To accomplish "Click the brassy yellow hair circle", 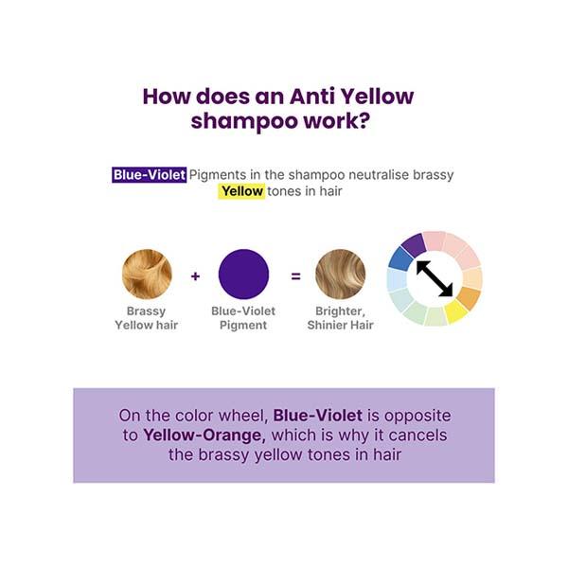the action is (147, 274).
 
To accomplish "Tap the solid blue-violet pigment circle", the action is (244, 274).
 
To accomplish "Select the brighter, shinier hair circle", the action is (341, 274).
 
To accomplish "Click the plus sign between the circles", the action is (195, 276).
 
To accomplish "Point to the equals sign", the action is (295, 276).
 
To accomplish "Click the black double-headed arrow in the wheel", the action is (435, 278).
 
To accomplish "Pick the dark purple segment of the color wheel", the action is (414, 245).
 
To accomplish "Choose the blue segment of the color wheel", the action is (400, 257).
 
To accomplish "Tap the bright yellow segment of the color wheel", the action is (455, 311).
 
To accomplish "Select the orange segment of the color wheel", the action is (470, 298).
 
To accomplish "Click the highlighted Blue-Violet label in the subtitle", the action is (150, 175).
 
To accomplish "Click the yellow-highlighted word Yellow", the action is (241, 191).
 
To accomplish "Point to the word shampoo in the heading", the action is (244, 121).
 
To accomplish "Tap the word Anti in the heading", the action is (312, 97).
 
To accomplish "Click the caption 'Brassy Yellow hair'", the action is (147, 318).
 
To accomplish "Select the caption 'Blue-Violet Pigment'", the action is (243, 318).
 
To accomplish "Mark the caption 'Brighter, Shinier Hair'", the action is (341, 318).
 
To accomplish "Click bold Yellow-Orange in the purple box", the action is (204, 435).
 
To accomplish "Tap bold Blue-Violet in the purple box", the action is (318, 416).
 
